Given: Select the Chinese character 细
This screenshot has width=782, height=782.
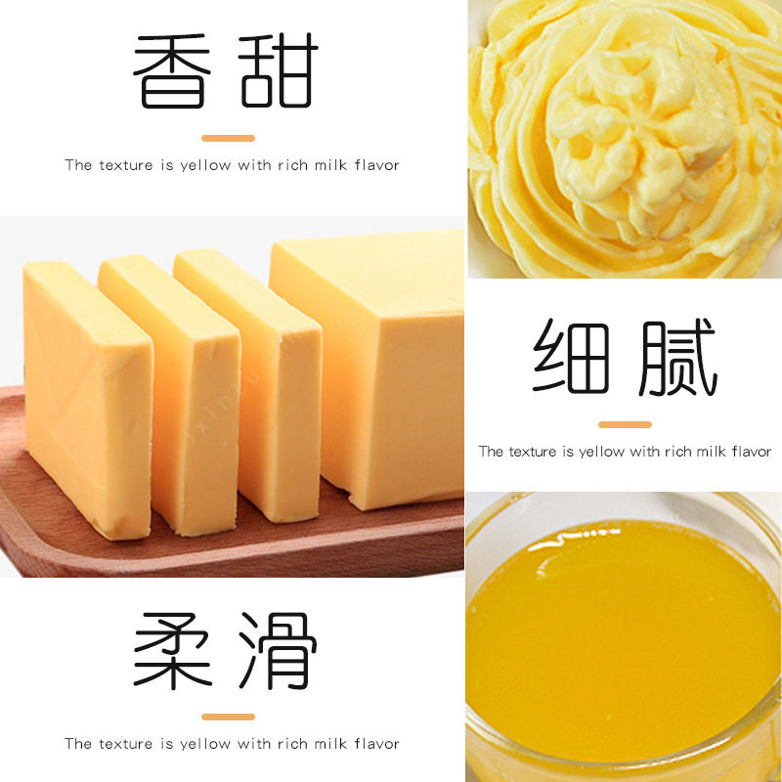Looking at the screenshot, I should tap(571, 358).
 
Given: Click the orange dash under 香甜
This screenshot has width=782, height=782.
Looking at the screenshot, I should tap(228, 138).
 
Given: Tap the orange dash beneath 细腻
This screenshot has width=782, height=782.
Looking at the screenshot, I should tap(625, 424).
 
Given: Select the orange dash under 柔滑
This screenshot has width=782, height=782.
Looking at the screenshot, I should tap(228, 717).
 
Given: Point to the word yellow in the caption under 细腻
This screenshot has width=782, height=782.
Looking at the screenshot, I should tap(602, 452).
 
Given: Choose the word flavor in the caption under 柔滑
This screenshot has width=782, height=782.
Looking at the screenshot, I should tap(377, 744).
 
